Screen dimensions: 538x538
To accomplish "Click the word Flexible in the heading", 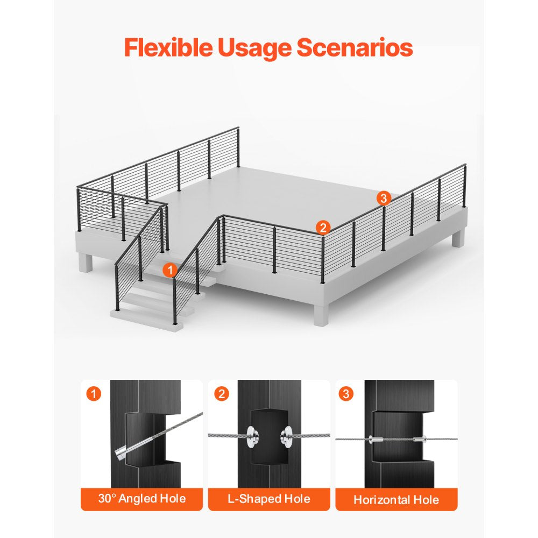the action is pos(168,47).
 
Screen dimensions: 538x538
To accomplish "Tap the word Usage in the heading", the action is pos(254,48).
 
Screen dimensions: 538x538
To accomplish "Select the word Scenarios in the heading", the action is pos(355,47).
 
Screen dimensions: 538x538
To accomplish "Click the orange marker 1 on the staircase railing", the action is pos(169,270).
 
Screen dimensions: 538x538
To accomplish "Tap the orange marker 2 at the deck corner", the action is pos(323,228).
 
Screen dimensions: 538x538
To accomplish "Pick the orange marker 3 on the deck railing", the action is pos(384,198).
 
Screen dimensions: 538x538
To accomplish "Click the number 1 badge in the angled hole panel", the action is pos(94,394).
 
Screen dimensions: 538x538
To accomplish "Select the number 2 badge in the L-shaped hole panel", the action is pos(221,394).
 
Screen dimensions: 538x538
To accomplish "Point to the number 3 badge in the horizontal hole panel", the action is pos(346,394).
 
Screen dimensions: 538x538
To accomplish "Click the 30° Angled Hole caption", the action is pos(141,499).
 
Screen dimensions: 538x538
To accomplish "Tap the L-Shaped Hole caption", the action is pos(269,499).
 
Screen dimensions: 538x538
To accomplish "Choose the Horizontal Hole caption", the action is pos(397,500).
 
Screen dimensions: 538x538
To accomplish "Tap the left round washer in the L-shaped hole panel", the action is pos(252,437).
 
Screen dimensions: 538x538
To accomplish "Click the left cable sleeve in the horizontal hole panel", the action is pos(376,439).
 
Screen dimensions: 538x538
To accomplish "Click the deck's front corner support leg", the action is pos(321,315).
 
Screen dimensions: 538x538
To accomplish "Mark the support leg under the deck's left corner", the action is pos(86,263).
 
